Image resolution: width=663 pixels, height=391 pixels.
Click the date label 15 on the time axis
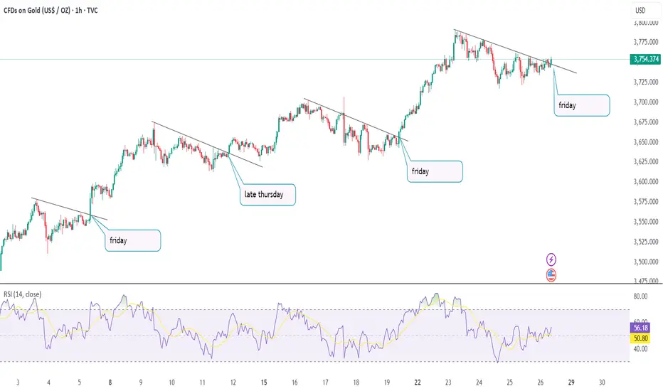pos(264,382)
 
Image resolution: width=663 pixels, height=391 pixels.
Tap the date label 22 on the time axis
pos(418,382)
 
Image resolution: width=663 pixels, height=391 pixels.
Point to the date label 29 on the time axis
pos(572,382)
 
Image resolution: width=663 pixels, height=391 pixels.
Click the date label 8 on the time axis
pos(110,382)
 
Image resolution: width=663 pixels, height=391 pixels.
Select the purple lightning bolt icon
pos(551,260)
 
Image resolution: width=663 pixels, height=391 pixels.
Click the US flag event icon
pos(551,275)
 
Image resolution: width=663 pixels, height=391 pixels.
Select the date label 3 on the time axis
pos(18,382)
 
